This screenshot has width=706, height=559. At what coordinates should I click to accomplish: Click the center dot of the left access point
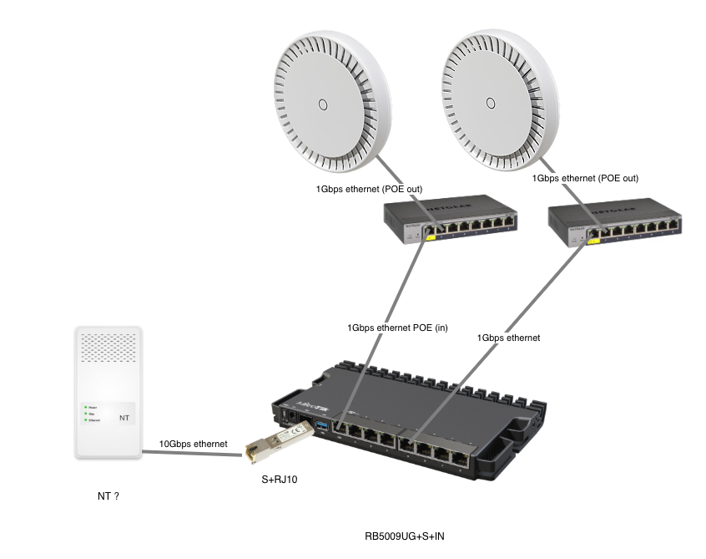pos(321,104)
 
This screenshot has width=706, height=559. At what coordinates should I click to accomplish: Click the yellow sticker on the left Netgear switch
pos(431,236)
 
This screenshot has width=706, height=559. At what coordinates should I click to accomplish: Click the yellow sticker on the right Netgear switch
pos(594,241)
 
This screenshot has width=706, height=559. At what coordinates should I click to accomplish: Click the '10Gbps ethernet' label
pos(193,445)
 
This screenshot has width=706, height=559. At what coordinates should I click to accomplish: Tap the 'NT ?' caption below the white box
pos(108,496)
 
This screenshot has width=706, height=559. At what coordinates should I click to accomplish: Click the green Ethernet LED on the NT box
pos(85,419)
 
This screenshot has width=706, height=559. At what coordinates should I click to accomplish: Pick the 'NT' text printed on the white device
pos(124,415)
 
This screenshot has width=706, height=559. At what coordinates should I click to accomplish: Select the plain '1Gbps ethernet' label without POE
pos(508,338)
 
